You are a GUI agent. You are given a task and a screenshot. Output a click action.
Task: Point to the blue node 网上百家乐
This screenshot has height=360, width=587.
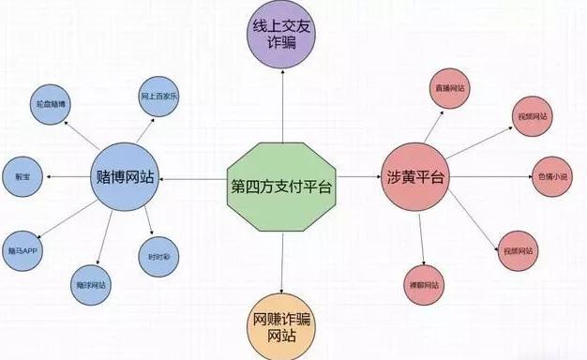pyautogui.click(x=159, y=96)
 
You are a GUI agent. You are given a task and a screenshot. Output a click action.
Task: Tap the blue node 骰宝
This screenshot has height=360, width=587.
pyautogui.click(x=23, y=175)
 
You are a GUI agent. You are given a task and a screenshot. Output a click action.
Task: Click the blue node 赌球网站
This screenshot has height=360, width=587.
pyautogui.click(x=91, y=284)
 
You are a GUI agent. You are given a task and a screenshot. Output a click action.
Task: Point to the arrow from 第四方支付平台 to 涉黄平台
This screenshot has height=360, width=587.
pyautogui.click(x=356, y=176)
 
